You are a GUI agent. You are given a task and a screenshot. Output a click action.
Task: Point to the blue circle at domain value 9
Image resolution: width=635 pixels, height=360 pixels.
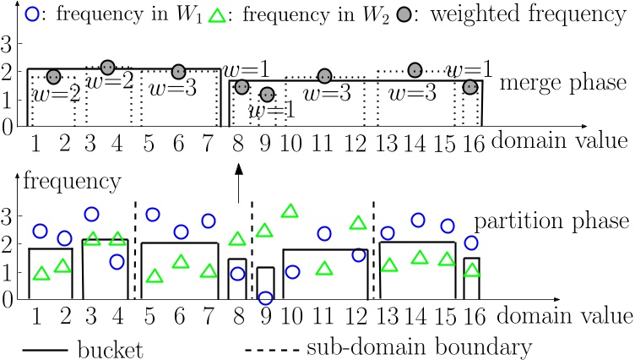(266, 297)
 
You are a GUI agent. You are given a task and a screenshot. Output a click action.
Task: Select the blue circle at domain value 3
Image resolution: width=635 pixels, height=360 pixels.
(91, 215)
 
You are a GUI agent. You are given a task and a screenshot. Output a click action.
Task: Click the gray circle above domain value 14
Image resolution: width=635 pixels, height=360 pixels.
(415, 70)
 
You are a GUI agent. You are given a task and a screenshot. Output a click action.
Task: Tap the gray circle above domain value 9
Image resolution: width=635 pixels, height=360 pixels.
(266, 95)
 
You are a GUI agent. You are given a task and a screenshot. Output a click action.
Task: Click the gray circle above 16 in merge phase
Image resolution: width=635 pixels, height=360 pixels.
(470, 87)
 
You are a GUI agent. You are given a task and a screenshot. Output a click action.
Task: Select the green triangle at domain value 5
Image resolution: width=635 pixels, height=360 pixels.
(154, 276)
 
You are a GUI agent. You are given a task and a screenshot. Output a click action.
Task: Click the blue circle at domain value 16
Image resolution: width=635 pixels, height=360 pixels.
(471, 243)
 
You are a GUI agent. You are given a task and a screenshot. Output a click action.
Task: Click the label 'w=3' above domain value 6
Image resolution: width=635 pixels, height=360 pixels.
(171, 88)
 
